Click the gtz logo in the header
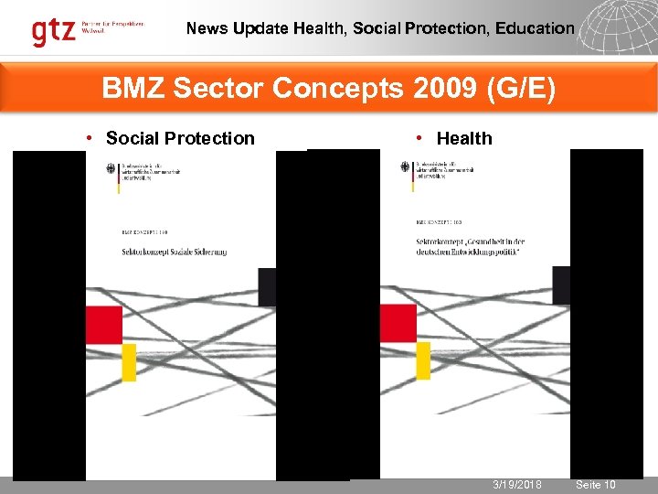click(x=54, y=31)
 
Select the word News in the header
click(x=206, y=28)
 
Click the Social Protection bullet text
click(x=180, y=138)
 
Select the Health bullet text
click(x=464, y=138)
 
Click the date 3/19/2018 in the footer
click(x=517, y=484)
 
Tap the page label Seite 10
click(x=596, y=484)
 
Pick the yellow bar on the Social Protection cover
click(x=129, y=361)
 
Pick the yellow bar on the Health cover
click(x=423, y=360)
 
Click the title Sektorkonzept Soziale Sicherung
click(x=174, y=252)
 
